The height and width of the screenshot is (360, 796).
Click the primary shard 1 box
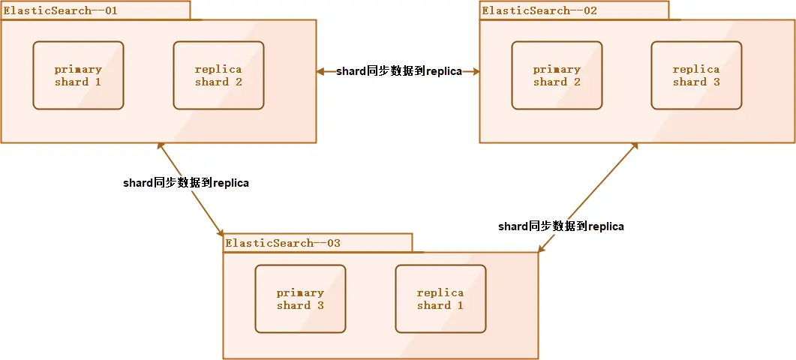(x=78, y=75)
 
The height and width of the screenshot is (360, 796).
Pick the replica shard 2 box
(x=218, y=75)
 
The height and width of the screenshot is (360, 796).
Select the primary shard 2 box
(x=557, y=75)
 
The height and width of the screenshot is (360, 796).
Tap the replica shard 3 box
(x=696, y=75)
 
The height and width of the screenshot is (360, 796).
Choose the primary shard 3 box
(x=300, y=298)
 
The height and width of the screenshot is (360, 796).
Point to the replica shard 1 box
(x=440, y=298)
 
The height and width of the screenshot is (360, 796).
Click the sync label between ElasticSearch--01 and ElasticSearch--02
(x=398, y=71)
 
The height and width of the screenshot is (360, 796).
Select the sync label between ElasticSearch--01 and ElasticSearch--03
(x=186, y=182)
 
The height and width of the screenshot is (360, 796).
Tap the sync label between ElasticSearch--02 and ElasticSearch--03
(x=561, y=226)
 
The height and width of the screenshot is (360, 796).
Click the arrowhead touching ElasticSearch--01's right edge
(x=320, y=72)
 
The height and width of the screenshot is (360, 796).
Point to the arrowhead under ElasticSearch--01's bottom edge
(x=160, y=148)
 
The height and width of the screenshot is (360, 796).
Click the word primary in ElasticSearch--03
(x=300, y=292)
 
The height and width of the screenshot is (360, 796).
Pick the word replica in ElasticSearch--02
(x=696, y=69)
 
